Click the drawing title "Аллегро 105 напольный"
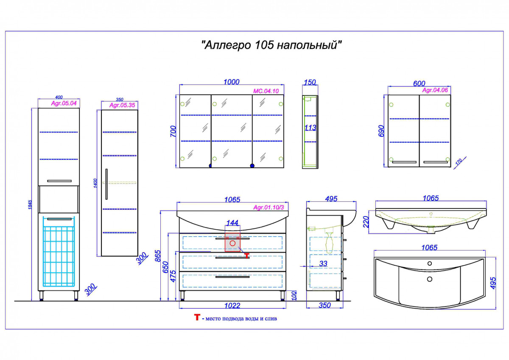click(x=271, y=45)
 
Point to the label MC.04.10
click(x=266, y=90)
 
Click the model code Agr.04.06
click(x=435, y=90)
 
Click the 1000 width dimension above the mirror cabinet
click(x=231, y=82)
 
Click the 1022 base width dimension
click(x=232, y=305)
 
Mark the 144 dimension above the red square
click(x=232, y=223)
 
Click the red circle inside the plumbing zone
click(x=232, y=243)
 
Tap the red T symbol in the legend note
click(x=196, y=318)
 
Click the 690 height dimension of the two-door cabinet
click(x=381, y=131)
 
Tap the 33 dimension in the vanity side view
click(x=323, y=264)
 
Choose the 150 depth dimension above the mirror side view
click(x=310, y=82)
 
